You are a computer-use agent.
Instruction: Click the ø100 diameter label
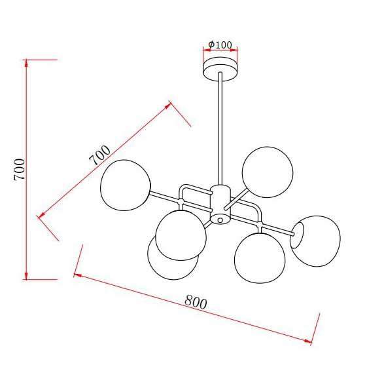tap(220, 45)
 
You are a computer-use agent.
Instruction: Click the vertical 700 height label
tap(19, 169)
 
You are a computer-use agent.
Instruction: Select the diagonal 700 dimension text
tap(99, 155)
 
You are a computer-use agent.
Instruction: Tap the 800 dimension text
tap(196, 302)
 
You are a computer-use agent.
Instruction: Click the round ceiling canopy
tap(220, 69)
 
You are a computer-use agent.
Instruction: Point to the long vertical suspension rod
tap(220, 128)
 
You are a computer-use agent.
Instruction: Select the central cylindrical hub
tap(220, 204)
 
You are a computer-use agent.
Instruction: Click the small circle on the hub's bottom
tap(220, 220)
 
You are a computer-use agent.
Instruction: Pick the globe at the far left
tap(126, 185)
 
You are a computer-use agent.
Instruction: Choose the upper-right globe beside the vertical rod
tap(268, 172)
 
